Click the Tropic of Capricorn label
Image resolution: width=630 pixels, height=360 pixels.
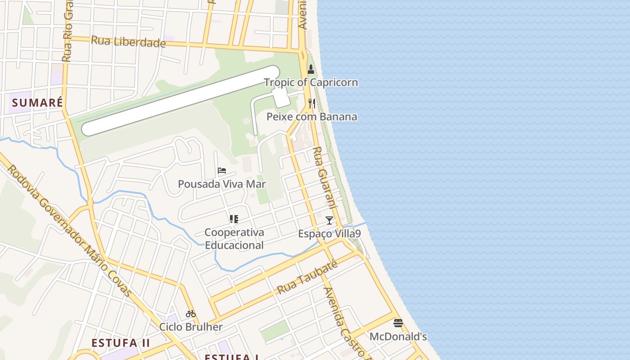click(311, 82)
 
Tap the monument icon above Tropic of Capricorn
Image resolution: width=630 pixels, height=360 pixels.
click(310, 69)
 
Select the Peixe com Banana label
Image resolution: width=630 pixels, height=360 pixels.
click(312, 117)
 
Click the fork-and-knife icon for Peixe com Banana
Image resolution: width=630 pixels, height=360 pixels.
click(311, 104)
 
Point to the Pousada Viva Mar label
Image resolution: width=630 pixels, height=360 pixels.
click(222, 184)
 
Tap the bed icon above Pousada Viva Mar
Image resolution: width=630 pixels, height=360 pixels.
click(221, 171)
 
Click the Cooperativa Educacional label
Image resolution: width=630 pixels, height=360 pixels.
click(234, 239)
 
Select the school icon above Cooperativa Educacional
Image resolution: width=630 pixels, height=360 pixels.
click(234, 219)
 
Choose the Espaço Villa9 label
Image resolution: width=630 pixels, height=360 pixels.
click(329, 234)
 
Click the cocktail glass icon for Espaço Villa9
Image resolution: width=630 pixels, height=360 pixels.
click(329, 220)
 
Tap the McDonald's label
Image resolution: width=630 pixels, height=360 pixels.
click(398, 337)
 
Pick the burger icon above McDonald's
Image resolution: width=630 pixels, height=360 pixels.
click(398, 323)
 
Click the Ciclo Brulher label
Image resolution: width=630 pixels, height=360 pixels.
click(191, 327)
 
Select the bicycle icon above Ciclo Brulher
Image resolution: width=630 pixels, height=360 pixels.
click(191, 314)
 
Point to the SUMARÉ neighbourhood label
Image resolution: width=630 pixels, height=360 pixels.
click(37, 103)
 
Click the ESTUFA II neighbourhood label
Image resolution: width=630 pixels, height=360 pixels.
click(121, 343)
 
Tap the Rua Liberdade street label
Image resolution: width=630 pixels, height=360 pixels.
click(128, 42)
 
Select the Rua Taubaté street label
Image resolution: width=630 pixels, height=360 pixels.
click(307, 278)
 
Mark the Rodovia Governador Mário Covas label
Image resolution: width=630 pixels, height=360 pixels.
click(70, 232)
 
